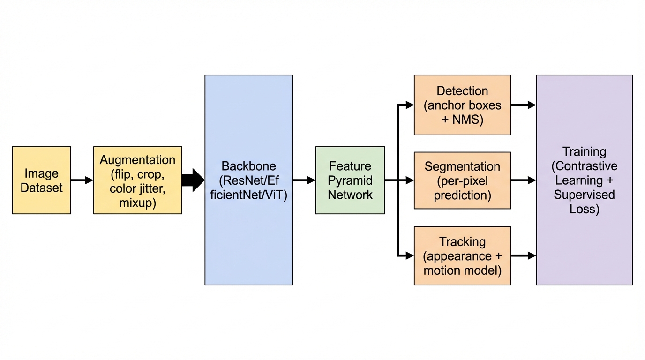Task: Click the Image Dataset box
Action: coord(41,180)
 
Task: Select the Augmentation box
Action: coord(137,180)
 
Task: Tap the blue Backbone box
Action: coord(248,180)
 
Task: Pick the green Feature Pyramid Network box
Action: coord(350,180)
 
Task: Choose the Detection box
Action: coord(462,105)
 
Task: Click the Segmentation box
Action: coord(462,180)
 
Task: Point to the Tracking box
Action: coord(462,255)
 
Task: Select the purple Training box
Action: coord(584,180)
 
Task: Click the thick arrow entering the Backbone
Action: coord(193,180)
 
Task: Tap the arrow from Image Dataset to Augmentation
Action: coord(82,180)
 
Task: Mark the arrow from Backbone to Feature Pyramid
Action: coord(304,180)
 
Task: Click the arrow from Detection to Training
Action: coord(523,105)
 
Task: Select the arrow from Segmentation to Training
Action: coord(523,180)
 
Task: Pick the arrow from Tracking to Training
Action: coord(523,255)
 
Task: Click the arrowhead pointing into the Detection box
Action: coord(410,105)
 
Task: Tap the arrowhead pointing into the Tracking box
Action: coord(410,255)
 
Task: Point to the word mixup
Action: coord(137,202)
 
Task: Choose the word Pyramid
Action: coord(350,180)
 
